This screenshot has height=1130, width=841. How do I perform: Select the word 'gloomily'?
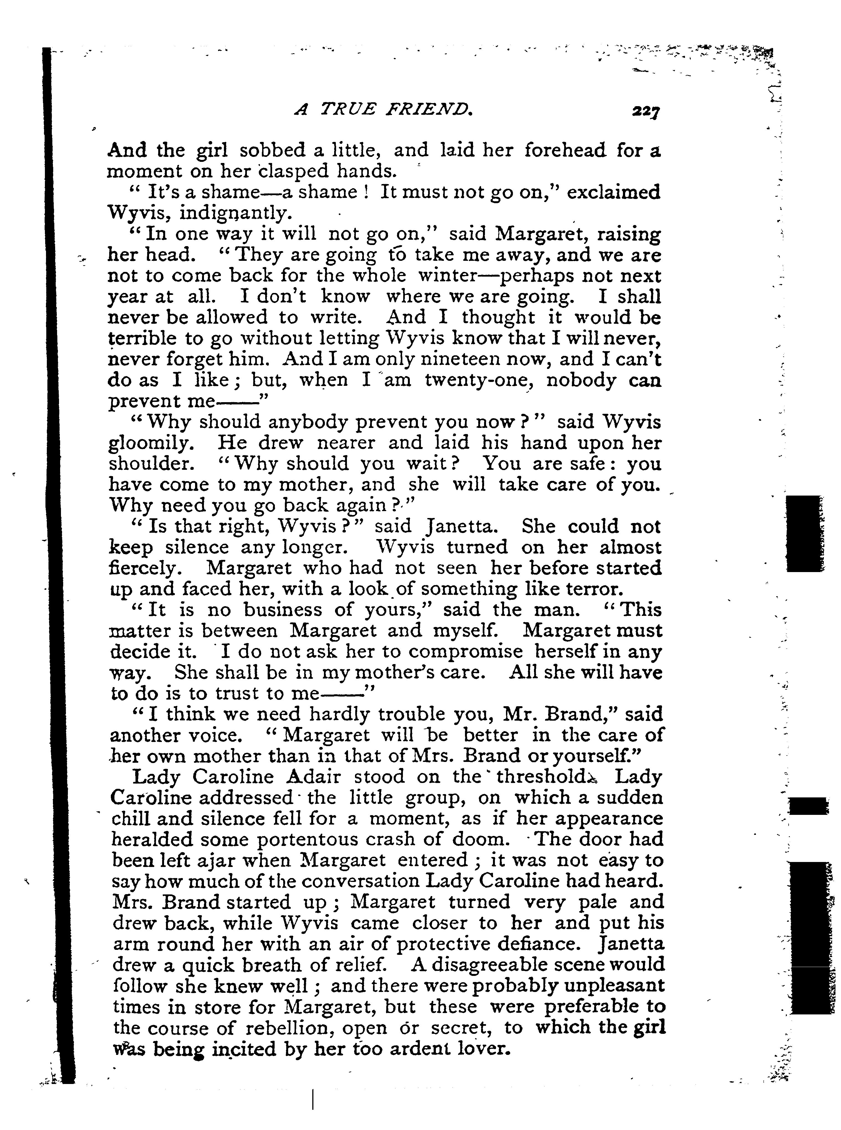coord(151,443)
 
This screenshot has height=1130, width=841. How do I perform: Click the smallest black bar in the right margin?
coord(808,806)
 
